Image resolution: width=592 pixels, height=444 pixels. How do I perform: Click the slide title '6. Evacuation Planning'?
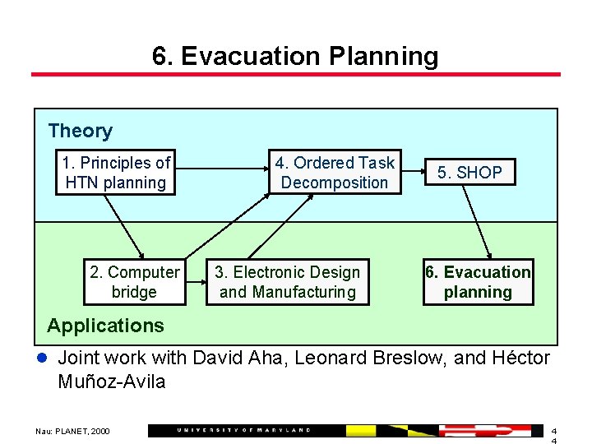pyautogui.click(x=295, y=56)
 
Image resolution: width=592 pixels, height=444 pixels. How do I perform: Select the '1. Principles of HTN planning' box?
pyautogui.click(x=115, y=173)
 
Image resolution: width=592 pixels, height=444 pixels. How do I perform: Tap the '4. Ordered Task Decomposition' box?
pyautogui.click(x=335, y=173)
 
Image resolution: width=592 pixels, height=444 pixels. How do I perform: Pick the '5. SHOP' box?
pyautogui.click(x=469, y=173)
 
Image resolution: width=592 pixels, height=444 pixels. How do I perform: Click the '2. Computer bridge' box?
pyautogui.click(x=134, y=282)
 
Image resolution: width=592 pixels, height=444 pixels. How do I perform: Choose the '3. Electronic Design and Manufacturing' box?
pyautogui.click(x=288, y=282)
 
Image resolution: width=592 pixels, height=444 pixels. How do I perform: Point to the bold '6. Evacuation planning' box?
pyautogui.click(x=478, y=282)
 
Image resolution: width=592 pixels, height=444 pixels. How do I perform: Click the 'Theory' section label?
pyautogui.click(x=80, y=131)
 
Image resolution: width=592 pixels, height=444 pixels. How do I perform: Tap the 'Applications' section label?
pyautogui.click(x=105, y=326)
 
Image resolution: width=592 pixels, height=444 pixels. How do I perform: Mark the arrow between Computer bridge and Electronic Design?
pyautogui.click(x=196, y=283)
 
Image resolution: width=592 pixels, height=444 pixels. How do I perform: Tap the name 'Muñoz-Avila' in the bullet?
pyautogui.click(x=112, y=382)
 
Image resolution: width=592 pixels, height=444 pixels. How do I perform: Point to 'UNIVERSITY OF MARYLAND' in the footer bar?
pyautogui.click(x=244, y=430)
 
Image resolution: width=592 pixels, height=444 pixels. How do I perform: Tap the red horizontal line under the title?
pyautogui.click(x=295, y=75)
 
